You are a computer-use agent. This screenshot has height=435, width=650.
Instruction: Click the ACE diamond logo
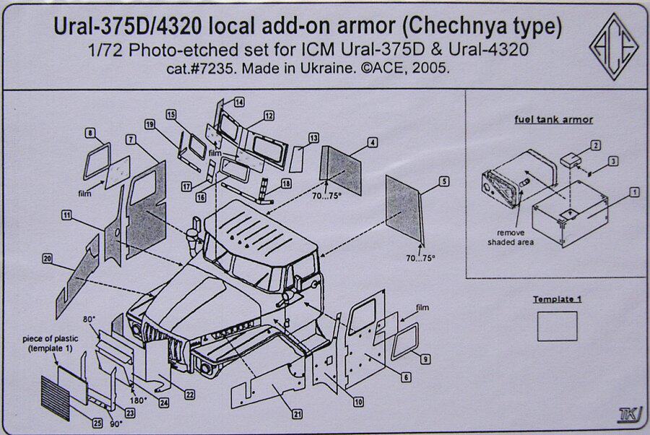tap(613, 48)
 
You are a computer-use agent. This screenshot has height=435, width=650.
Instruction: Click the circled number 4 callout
tap(372, 142)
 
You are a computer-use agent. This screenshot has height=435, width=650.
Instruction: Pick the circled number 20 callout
tap(47, 258)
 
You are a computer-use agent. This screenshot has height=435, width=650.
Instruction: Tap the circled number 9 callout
tap(425, 359)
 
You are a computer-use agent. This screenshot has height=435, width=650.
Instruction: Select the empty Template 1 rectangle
tap(558, 326)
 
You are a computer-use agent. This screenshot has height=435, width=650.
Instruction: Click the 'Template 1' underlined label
tap(557, 299)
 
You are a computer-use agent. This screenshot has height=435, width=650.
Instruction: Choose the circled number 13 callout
tap(313, 138)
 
